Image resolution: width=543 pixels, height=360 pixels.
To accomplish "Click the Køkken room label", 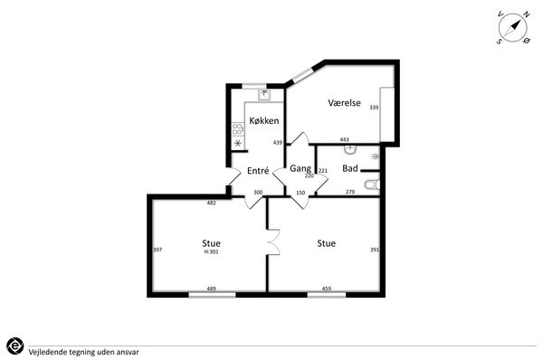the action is (x=264, y=120).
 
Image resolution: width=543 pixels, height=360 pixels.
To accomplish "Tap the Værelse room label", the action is (x=344, y=102).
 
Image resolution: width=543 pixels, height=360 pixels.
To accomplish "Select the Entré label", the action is (x=258, y=171).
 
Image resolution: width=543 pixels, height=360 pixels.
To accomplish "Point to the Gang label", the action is (x=300, y=168).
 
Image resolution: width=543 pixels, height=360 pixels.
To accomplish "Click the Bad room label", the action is (x=349, y=168).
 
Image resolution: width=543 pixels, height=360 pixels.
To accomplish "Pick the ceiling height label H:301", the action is (x=211, y=251).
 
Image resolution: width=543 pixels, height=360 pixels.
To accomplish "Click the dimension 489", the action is (x=211, y=289).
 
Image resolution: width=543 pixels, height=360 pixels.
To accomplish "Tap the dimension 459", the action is (x=327, y=289).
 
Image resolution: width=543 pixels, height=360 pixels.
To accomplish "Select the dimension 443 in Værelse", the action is (x=344, y=139).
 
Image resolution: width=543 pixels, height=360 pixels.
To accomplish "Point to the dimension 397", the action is (x=157, y=250).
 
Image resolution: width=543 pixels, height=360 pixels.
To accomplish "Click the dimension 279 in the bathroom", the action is (x=350, y=192).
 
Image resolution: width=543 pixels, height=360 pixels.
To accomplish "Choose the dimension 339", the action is (x=374, y=108).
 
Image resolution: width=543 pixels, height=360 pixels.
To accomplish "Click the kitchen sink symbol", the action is (x=264, y=94).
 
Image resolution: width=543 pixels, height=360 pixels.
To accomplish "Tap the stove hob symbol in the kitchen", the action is (x=237, y=129).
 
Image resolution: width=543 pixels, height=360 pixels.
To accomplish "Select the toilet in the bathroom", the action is (x=372, y=185).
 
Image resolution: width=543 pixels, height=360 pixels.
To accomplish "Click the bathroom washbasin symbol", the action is (x=350, y=149).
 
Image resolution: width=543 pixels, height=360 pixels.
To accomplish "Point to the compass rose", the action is (x=513, y=28).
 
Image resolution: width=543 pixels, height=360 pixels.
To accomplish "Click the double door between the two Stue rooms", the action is (x=274, y=242).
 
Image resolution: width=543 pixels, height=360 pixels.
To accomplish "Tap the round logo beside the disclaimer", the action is (x=14, y=346).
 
